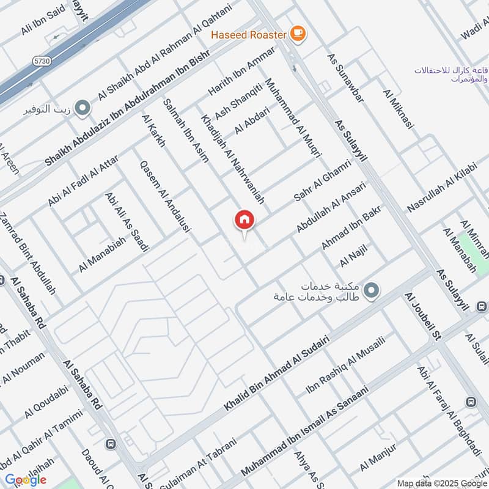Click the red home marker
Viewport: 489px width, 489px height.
tap(244, 221)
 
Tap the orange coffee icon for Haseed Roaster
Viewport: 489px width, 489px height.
tap(298, 34)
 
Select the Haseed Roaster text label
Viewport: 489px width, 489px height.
tap(249, 35)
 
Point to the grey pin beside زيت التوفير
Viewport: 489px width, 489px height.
tap(83, 109)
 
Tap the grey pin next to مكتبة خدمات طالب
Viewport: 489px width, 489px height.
tap(370, 291)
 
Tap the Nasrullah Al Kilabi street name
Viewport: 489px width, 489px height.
tap(441, 187)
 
